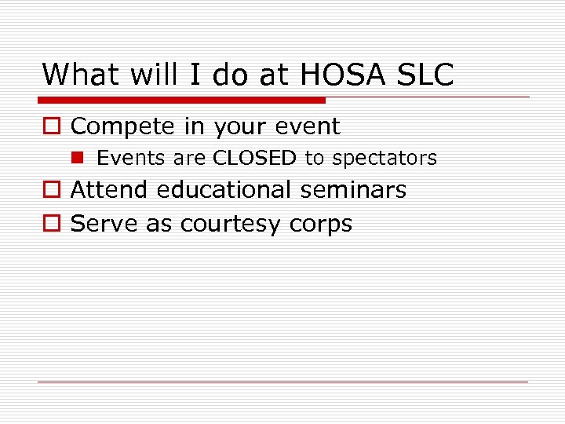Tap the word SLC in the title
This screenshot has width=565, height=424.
(427, 75)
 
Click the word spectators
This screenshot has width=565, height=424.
(385, 158)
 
